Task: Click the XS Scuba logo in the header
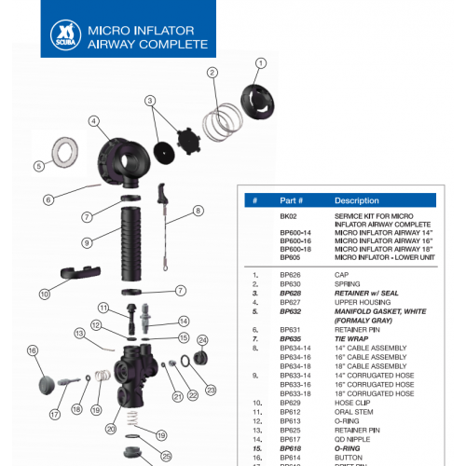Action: tap(63, 35)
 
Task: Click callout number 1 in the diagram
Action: tap(261, 63)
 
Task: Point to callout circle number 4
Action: tap(94, 120)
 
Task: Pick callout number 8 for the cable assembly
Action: tap(198, 211)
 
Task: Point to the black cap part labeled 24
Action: tap(186, 360)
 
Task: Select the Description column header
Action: tap(356, 200)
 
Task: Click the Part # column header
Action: tap(291, 200)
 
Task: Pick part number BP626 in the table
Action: tap(291, 275)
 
